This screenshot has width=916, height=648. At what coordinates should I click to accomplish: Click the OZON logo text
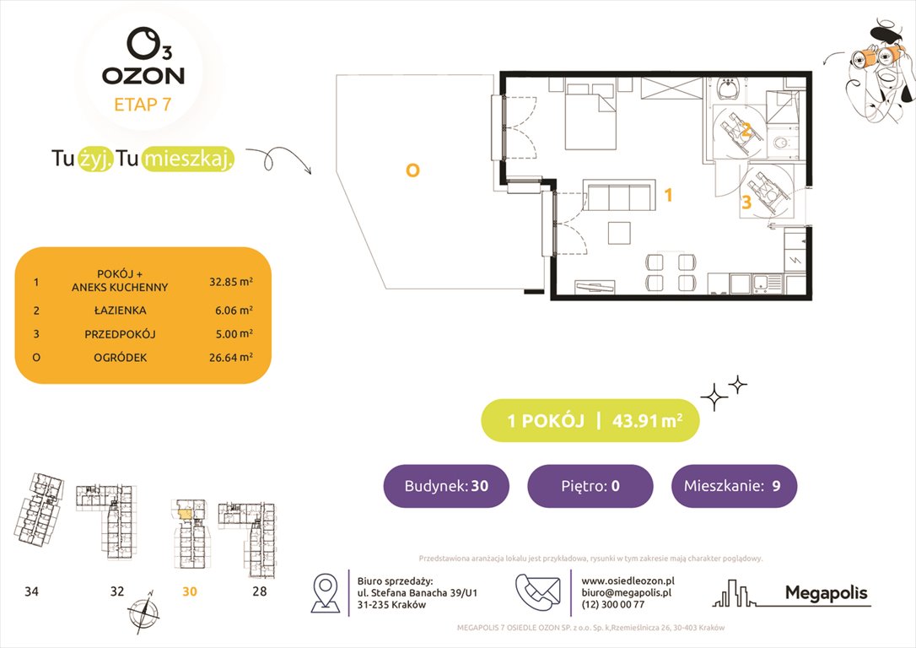143,75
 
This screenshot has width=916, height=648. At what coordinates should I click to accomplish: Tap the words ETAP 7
143,105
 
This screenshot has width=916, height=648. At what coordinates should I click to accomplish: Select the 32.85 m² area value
231,282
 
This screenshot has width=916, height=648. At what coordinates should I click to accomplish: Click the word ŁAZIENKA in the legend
121,310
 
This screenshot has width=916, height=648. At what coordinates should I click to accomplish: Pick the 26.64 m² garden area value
231,357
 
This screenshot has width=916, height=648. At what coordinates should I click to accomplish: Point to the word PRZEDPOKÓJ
121,334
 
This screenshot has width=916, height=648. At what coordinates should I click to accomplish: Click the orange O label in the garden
412,170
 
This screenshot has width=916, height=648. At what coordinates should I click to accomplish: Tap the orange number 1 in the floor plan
668,195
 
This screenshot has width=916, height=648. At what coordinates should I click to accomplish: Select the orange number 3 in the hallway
746,202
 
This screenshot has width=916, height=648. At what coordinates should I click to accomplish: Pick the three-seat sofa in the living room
621,195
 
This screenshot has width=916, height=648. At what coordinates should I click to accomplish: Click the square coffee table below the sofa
619,232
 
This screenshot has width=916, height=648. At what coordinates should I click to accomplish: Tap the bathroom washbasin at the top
729,89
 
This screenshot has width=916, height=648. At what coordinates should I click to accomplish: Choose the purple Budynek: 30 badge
446,485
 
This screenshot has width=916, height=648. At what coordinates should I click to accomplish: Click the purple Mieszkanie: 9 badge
734,485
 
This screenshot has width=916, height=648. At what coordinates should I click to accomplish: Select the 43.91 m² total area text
647,420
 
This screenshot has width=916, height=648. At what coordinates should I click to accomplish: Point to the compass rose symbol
143,612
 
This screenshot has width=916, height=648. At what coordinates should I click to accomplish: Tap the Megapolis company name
826,593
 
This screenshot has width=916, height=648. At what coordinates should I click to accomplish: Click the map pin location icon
326,592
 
